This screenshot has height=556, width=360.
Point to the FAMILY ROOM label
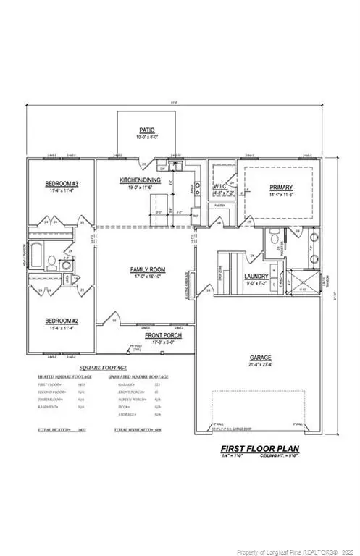pos(148,270)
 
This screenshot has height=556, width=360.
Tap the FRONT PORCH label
pos(162,336)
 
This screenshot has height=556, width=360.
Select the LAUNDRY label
pos(256,277)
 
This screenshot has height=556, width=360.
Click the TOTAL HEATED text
pos(57,430)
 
